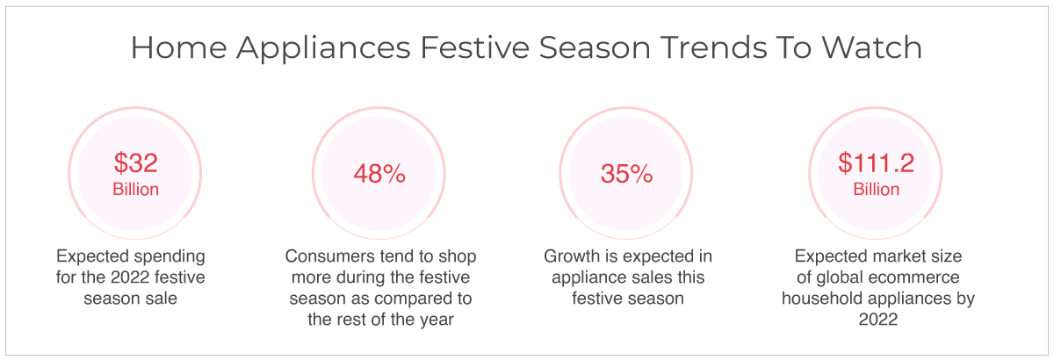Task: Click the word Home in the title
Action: click(x=179, y=47)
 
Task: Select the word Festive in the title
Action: click(x=475, y=47)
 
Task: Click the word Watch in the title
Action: click(x=872, y=47)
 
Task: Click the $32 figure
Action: click(x=135, y=162)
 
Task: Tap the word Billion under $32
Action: click(x=135, y=189)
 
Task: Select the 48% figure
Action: click(x=379, y=174)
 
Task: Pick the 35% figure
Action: click(x=626, y=174)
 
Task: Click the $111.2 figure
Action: click(x=876, y=162)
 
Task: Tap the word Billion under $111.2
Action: click(x=877, y=189)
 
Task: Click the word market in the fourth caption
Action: click(x=886, y=256)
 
